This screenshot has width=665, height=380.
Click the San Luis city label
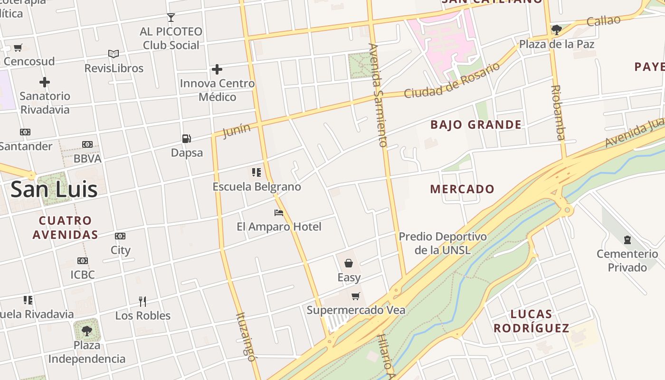[54, 189]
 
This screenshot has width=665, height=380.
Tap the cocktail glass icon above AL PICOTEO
[171, 18]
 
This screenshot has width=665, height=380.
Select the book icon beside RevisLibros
[113, 54]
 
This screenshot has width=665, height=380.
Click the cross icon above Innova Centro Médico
[217, 69]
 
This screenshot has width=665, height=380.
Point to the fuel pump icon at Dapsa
[187, 138]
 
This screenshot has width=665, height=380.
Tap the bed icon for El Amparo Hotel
[279, 212]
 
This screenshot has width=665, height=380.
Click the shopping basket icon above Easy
[349, 263]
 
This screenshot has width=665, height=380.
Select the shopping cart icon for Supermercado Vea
[355, 296]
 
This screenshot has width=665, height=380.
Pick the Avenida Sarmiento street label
[379, 95]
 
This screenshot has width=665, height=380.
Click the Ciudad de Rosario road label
[452, 80]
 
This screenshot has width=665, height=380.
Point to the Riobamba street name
[558, 113]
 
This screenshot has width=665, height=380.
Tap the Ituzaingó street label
[247, 336]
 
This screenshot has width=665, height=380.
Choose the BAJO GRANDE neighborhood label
[475, 125]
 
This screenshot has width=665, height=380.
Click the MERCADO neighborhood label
[462, 189]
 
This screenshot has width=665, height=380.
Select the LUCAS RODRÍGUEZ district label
[531, 321]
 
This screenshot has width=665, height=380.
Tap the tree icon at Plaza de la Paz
[556, 30]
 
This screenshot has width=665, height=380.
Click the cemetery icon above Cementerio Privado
[627, 239]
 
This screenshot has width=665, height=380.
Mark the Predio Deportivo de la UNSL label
[443, 243]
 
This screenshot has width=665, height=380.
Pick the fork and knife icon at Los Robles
[142, 301]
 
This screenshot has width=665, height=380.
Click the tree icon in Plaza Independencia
[86, 331]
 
